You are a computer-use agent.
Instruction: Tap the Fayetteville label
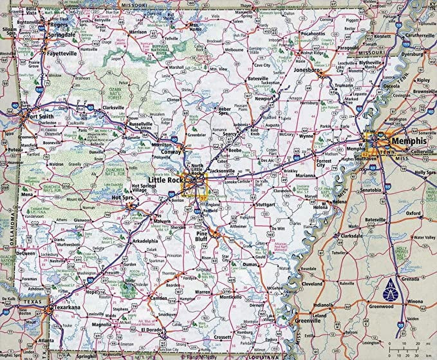62,53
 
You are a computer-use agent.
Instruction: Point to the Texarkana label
67,307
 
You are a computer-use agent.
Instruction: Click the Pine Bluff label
201,236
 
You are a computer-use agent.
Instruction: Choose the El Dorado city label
150,330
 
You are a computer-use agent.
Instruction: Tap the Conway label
171,152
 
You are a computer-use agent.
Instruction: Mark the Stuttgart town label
265,204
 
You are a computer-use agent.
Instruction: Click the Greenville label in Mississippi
304,321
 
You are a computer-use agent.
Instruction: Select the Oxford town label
413,213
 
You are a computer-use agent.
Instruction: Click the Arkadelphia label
145,241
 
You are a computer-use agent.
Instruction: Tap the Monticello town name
230,297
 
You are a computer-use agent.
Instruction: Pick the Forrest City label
324,163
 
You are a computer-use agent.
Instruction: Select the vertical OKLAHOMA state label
13,229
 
